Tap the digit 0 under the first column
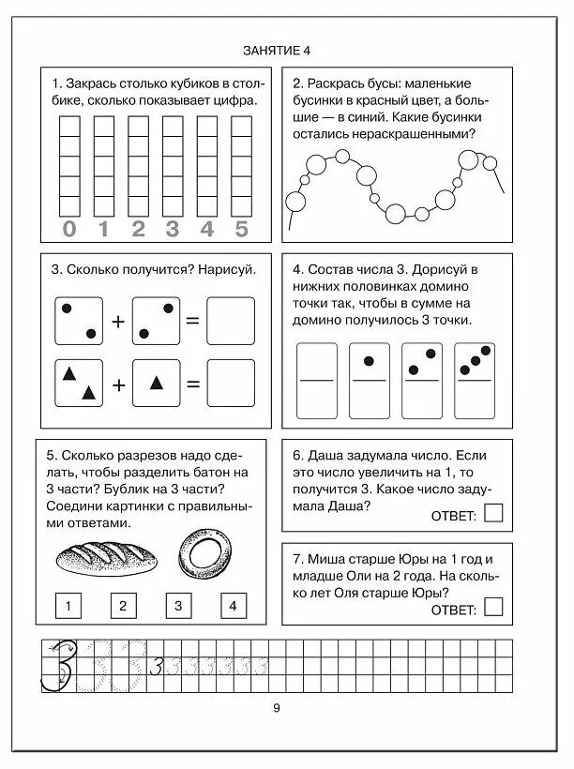click(x=69, y=228)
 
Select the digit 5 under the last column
click(x=241, y=228)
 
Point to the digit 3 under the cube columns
click(x=173, y=228)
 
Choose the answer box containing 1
click(x=68, y=606)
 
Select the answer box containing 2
click(x=123, y=606)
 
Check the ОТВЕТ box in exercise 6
click(x=494, y=513)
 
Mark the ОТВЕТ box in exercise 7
click(x=494, y=609)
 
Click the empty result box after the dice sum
click(x=230, y=321)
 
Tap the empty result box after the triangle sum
click(x=230, y=384)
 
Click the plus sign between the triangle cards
click(x=118, y=384)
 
